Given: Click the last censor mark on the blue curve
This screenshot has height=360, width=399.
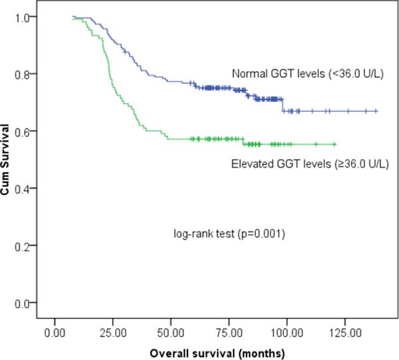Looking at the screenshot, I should click(x=376, y=111).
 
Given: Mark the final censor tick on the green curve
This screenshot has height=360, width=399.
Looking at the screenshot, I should click(x=334, y=144).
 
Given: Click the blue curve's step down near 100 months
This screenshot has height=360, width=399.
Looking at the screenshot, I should click(x=283, y=106).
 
